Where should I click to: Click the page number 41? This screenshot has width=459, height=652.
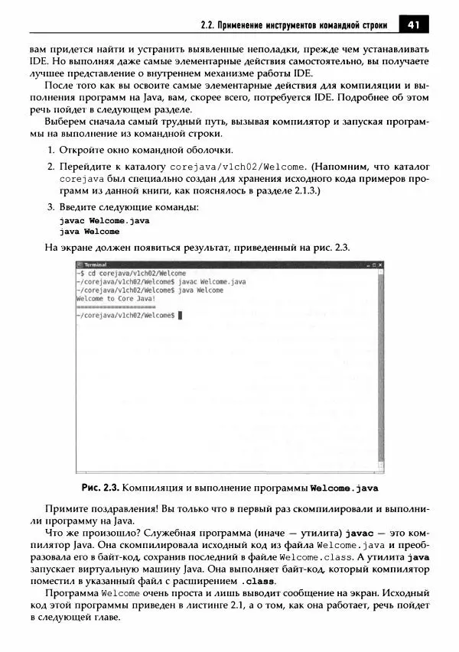click(414, 25)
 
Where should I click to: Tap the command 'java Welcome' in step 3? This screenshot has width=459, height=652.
click(90, 231)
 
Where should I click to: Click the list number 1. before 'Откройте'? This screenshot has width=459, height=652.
click(51, 149)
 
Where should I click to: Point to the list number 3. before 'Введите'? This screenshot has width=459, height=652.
click(51, 207)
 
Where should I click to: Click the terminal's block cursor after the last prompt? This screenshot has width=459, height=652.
click(180, 315)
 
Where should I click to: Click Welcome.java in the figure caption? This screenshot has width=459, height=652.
click(343, 488)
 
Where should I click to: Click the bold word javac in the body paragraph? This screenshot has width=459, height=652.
click(360, 530)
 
